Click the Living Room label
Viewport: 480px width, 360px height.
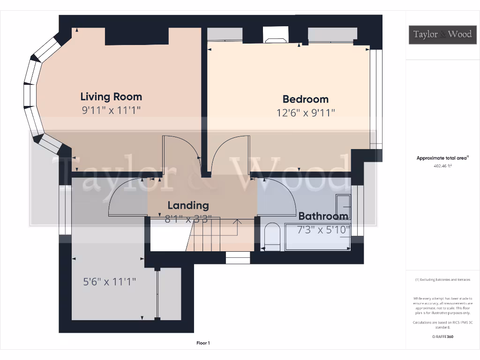tap(111, 97)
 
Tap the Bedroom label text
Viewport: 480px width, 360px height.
tap(305, 99)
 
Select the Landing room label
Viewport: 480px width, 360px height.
tap(188, 205)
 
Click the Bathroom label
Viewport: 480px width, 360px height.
tap(323, 216)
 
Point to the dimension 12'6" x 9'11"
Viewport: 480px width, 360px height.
tap(306, 113)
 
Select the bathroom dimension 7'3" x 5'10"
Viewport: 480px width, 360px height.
tap(323, 230)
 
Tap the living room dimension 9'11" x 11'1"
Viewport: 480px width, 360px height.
tap(111, 111)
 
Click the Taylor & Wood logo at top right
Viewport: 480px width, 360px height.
tap(442, 34)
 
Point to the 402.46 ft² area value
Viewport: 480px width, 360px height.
tap(442, 166)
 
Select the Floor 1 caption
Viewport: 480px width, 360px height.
tap(203, 343)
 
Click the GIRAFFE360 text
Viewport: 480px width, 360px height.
tap(442, 337)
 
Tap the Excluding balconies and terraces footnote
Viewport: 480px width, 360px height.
tap(442, 280)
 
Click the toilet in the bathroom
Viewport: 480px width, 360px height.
tap(271, 235)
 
